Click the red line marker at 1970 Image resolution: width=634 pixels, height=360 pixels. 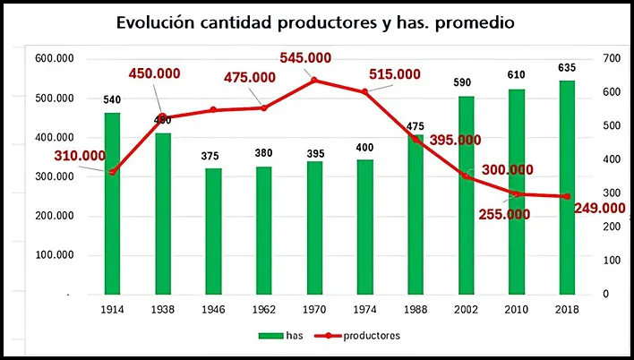point(314,81)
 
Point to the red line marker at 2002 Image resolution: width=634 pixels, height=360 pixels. point(466,176)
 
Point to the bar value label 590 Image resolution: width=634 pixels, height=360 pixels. point(466,84)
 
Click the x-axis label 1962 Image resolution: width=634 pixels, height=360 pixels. point(263,309)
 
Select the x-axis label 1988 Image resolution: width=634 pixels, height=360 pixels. point(416,309)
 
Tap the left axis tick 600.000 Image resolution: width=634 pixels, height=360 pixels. point(55,58)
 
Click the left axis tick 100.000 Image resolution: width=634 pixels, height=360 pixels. point(55,254)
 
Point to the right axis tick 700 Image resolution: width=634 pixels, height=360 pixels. point(612,58)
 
